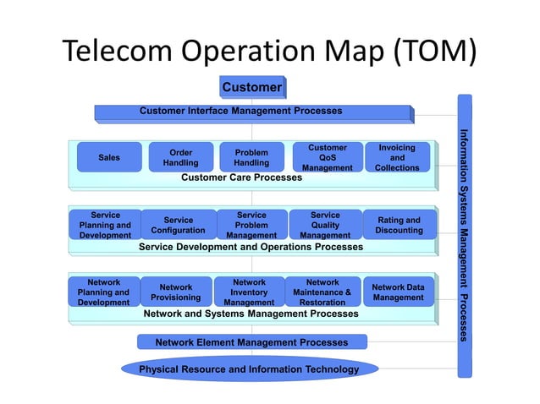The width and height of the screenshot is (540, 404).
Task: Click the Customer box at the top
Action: point(251,87)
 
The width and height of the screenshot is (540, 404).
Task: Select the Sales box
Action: point(109,157)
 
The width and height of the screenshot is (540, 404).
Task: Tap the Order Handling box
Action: point(180,157)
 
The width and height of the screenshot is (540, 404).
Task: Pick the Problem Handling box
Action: point(251,157)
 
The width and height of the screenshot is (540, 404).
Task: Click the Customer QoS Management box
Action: point(327,157)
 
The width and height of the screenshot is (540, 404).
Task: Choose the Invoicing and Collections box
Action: point(397,157)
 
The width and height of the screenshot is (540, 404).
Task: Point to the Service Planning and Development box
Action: point(105,225)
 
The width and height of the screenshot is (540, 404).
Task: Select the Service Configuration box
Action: point(178,225)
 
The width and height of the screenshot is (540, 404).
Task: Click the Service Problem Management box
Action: point(251,225)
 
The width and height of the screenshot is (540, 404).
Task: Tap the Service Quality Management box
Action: point(325,225)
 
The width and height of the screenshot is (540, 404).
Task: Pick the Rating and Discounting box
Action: point(399,225)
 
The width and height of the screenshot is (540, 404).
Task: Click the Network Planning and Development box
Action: point(103,292)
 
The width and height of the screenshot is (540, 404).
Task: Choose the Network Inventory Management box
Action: point(249,292)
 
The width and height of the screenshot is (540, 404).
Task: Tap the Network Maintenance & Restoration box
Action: point(322,292)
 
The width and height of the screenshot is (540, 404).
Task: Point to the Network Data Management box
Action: point(398,292)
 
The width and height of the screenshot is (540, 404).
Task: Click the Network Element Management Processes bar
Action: point(251,342)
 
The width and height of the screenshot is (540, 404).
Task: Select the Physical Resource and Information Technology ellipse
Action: point(249,369)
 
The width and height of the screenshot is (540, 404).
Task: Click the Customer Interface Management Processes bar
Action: point(252,112)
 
